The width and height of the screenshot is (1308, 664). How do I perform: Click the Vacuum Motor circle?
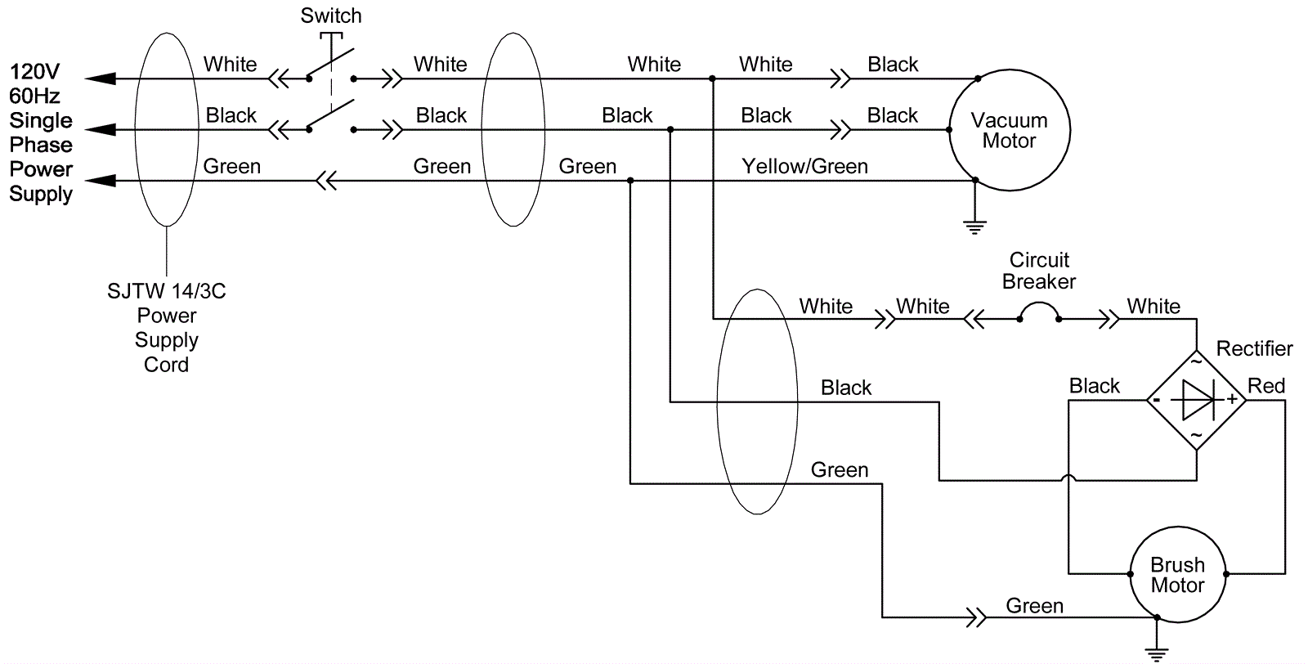tap(1009, 130)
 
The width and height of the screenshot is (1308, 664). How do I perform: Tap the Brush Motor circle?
tap(1177, 575)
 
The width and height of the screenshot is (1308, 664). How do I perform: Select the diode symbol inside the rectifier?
tap(1196, 400)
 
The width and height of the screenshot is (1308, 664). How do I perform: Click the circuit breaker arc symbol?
tap(1039, 311)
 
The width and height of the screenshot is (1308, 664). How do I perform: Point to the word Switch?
tap(331, 16)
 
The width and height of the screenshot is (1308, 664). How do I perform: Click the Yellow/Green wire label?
tap(804, 167)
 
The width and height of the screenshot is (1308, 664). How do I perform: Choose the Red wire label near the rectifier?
tap(1265, 386)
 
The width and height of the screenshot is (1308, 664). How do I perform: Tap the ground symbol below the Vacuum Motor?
tap(974, 226)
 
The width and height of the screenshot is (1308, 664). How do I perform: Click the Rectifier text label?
tap(1254, 349)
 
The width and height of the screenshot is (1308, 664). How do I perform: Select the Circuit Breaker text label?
tap(1039, 271)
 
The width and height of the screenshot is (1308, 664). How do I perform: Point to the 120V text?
tap(34, 72)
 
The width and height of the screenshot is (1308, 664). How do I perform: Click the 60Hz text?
tap(34, 96)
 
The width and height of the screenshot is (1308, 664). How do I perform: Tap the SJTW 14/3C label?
tap(167, 292)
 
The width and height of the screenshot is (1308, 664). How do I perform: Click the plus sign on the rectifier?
tap(1232, 400)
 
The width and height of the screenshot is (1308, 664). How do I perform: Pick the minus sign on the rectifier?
tap(1157, 401)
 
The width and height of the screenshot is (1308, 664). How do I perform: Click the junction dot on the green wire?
tap(630, 181)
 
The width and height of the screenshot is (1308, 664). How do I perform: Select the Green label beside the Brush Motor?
tap(1034, 606)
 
